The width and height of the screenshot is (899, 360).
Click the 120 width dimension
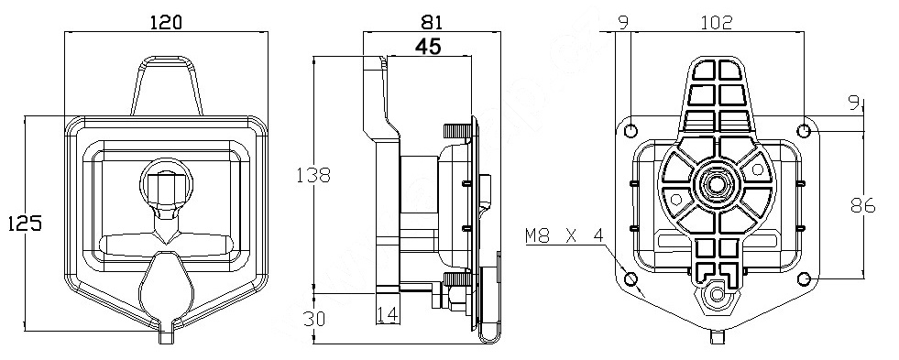click(165, 22)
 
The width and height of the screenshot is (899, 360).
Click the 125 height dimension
click(25, 223)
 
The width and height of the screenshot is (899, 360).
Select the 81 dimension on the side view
click(431, 22)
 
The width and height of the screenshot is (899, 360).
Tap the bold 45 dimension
click(429, 46)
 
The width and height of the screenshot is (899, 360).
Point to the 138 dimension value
click(313, 175)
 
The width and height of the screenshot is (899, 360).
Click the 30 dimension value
click(314, 318)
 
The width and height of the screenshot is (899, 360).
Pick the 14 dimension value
click(389, 314)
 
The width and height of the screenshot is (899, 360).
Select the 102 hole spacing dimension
click(717, 22)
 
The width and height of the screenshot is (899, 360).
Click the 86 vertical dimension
click(863, 205)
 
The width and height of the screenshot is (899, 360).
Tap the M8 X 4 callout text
click(565, 235)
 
